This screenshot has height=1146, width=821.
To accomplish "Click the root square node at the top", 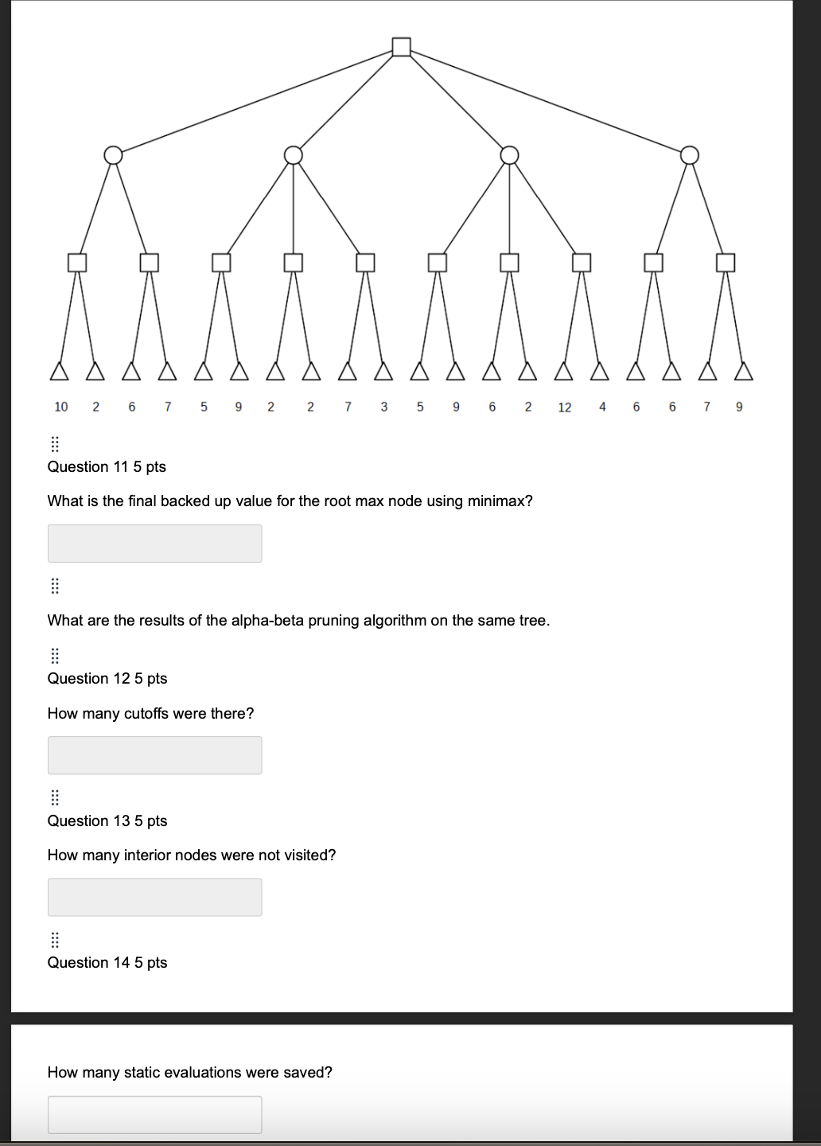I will (402, 47).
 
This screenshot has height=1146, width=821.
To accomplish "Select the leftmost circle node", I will (114, 154).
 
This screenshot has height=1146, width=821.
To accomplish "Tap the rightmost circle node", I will (690, 154).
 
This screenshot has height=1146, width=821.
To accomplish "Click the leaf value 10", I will (61, 407).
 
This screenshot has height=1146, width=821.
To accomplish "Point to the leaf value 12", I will (565, 407).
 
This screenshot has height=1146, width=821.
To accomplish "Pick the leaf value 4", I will (602, 407).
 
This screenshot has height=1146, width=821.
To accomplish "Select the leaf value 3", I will (384, 407).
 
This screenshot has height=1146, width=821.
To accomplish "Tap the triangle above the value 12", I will (564, 371).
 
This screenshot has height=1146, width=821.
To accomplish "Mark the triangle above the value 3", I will (384, 371).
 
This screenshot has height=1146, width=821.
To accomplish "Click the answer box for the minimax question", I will (154, 544).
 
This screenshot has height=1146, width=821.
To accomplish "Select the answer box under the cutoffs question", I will (154, 755).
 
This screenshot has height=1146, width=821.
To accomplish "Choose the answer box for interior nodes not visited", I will (154, 897).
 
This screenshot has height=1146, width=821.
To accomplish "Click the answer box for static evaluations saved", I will (154, 1114).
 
